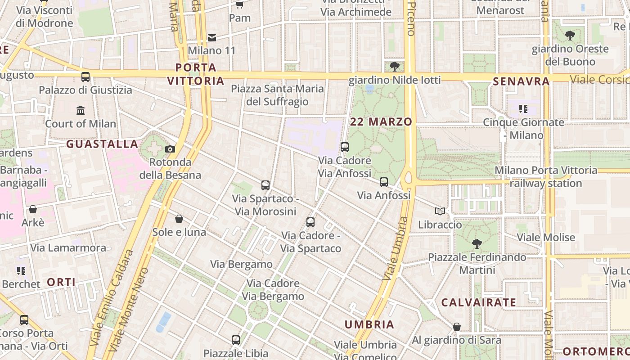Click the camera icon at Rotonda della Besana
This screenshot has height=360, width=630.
(170, 149)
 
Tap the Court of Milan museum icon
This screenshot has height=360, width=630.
(81, 110)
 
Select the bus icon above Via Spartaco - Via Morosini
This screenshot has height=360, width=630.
(265, 185)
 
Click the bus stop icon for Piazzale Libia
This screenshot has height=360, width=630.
(236, 340)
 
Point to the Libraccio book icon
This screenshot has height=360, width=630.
(440, 211)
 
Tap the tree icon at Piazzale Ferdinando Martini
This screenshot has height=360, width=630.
(477, 244)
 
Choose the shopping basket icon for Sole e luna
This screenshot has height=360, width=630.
(179, 219)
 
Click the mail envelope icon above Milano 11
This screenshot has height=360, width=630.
(212, 37)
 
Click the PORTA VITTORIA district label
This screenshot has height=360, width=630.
(196, 74)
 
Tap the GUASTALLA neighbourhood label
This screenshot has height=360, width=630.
(102, 144)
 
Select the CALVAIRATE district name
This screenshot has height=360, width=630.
(478, 302)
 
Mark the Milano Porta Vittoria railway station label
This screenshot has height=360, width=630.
(546, 177)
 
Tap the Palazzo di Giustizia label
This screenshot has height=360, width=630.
(85, 90)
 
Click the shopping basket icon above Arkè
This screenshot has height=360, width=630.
(32, 209)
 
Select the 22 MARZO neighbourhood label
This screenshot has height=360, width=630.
(381, 121)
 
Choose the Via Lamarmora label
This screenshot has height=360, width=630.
(68, 247)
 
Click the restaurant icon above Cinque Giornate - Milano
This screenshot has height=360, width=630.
(523, 108)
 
